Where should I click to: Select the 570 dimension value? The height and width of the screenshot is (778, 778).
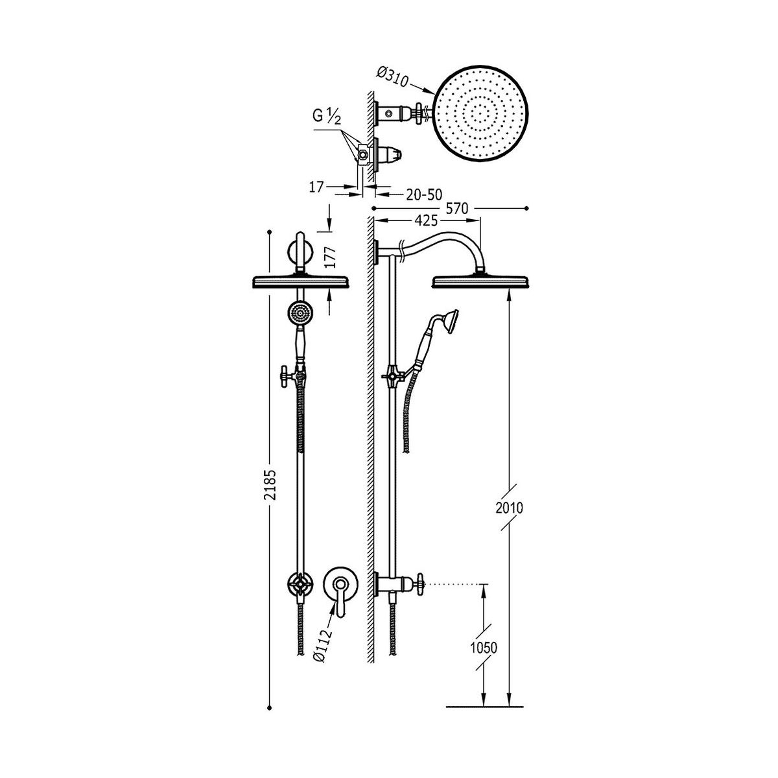pyautogui.click(x=456, y=209)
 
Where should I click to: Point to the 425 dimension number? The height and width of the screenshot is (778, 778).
pyautogui.click(x=426, y=220)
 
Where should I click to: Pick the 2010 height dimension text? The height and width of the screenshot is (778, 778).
pyautogui.click(x=509, y=507)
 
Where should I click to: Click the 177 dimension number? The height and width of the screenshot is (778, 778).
pyautogui.click(x=329, y=258)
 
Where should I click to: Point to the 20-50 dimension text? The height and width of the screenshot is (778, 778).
pyautogui.click(x=424, y=194)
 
